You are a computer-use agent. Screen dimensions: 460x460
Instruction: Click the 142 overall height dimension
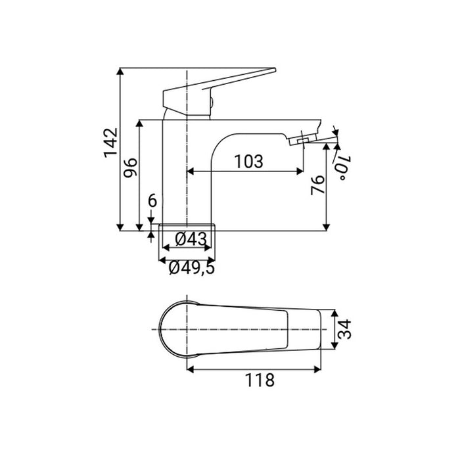(x=110, y=143)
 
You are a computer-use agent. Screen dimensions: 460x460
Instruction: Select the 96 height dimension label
(x=130, y=168)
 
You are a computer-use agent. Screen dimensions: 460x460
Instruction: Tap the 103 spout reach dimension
(x=248, y=162)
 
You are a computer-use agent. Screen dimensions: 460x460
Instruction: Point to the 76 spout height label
(x=317, y=185)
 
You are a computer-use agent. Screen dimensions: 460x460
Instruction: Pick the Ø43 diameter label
(x=191, y=239)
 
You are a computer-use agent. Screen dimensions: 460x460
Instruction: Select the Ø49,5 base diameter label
(x=192, y=268)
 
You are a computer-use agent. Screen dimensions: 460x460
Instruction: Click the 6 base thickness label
(x=152, y=201)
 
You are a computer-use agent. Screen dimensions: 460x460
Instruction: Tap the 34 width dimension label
(x=344, y=329)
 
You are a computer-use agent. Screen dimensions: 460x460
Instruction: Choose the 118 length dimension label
(x=260, y=380)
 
